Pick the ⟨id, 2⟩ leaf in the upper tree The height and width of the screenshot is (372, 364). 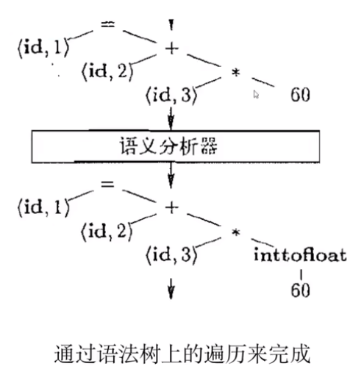point(105,72)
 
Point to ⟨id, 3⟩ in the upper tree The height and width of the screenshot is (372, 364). point(171,95)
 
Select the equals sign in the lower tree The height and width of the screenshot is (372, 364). point(108,184)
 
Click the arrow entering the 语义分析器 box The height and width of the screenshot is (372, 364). point(171,118)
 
